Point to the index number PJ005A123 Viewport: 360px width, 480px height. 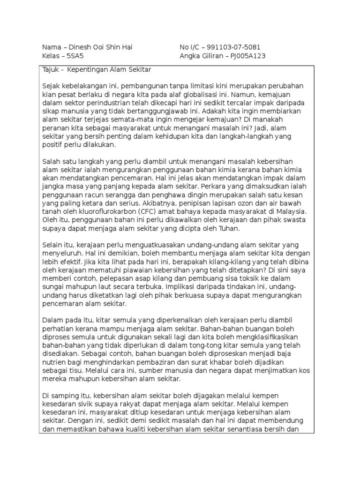click(x=246, y=56)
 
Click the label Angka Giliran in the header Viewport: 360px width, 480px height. click(x=202, y=56)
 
